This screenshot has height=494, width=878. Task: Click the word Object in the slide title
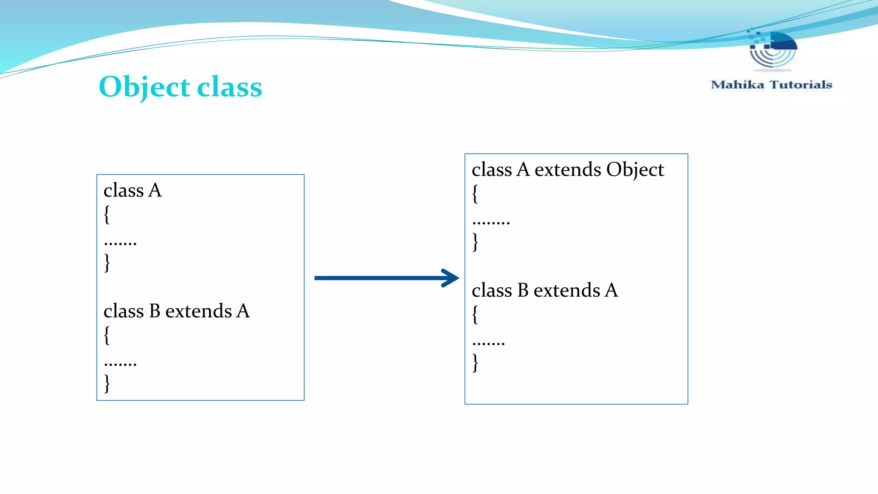tap(144, 87)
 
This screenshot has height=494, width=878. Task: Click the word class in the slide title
tap(229, 87)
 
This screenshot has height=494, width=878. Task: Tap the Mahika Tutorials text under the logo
tap(771, 85)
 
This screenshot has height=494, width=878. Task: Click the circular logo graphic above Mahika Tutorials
tap(773, 49)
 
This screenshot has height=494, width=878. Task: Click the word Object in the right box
tap(635, 170)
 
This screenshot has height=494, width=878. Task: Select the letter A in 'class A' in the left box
tap(155, 190)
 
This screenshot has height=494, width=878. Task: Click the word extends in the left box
tap(198, 311)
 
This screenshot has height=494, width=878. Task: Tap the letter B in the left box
tap(154, 311)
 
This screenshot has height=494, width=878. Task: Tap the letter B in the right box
tap(523, 291)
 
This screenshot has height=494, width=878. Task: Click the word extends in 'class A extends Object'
tap(568, 170)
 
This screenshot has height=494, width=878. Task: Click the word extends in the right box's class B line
tap(567, 291)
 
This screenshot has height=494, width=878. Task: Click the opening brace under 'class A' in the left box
tap(107, 214)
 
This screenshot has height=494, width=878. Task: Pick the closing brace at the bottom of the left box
tap(107, 383)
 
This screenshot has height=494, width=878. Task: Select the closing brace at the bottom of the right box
tap(475, 362)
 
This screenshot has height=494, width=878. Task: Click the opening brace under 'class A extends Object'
tap(475, 194)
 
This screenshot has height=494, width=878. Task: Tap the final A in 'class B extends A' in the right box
tap(611, 291)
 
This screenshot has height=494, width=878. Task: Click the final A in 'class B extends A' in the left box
tap(243, 311)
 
